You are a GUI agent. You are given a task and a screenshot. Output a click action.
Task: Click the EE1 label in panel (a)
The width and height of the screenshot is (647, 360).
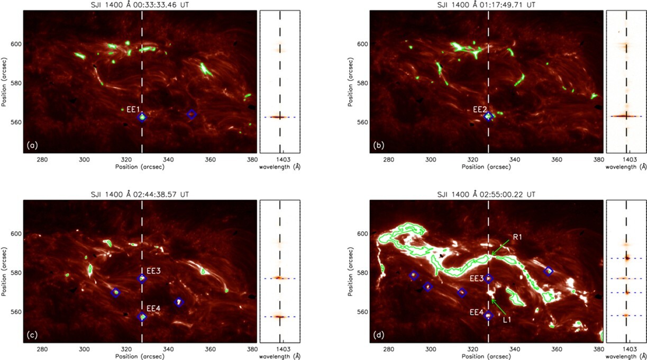[132, 110]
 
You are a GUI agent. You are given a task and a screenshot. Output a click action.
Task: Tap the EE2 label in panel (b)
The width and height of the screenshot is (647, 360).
[480, 110]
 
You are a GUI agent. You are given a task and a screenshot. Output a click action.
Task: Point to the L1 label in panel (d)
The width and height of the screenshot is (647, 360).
[506, 320]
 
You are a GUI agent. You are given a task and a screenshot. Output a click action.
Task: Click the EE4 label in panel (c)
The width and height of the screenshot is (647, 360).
[152, 308]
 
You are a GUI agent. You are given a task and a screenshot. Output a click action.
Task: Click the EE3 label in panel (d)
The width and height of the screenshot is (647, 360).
[476, 277]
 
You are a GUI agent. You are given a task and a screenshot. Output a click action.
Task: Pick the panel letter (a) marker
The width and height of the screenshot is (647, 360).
[32, 145]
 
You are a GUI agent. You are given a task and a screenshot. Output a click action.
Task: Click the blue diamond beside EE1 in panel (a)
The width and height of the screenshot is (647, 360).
[142, 118]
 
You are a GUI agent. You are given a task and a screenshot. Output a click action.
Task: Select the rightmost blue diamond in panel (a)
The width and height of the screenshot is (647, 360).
[192, 114]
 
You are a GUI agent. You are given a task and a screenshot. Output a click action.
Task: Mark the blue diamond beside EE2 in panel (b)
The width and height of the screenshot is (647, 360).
[489, 117]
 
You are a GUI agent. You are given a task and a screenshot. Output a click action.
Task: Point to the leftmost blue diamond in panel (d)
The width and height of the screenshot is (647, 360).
[414, 275]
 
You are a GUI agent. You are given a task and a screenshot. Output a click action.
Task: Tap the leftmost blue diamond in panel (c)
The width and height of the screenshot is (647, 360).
[116, 292]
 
